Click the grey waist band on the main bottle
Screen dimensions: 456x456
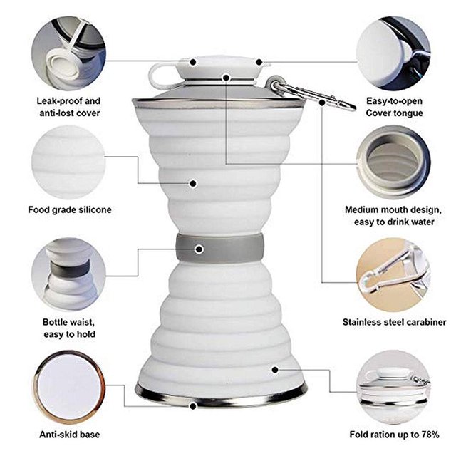(x=219, y=249)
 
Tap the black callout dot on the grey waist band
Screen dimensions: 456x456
(x=199, y=249)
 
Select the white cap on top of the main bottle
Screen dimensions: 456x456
(x=219, y=69)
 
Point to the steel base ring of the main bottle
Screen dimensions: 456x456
(x=221, y=396)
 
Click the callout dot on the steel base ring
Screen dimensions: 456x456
(x=193, y=406)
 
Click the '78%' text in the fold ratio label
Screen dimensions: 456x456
(x=429, y=435)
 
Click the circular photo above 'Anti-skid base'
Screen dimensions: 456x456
(x=69, y=386)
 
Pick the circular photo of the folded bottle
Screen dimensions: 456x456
(x=393, y=386)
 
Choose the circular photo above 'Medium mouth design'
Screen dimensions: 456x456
(x=393, y=162)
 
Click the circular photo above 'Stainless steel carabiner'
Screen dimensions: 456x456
(x=393, y=274)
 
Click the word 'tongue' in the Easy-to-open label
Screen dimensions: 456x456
(x=408, y=113)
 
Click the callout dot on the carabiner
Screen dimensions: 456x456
(x=322, y=103)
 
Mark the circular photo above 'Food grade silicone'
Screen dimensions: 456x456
(x=69, y=162)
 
